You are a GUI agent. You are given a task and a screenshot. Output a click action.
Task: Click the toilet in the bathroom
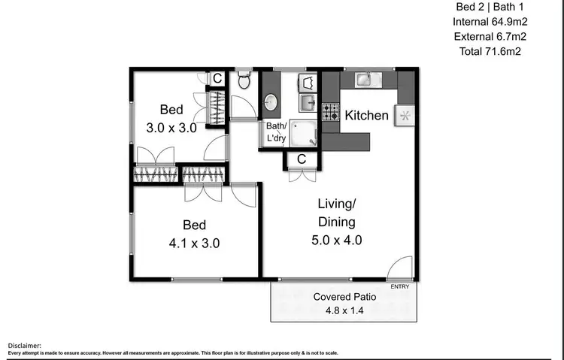244,79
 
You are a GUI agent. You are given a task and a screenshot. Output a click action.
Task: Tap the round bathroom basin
271,102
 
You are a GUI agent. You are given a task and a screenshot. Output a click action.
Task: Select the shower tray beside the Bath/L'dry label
304,133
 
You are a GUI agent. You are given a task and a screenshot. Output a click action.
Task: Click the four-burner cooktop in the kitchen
331,112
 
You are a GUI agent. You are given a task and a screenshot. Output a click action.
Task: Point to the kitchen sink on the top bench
363,78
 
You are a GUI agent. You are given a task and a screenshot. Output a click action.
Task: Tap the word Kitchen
366,115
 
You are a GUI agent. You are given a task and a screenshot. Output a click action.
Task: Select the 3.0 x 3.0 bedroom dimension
171,128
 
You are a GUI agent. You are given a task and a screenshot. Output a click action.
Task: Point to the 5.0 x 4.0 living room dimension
336,241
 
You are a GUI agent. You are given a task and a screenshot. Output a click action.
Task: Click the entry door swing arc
400,267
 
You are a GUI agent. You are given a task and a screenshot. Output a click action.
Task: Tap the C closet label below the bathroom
301,159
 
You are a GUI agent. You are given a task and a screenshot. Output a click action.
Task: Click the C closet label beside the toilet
217,78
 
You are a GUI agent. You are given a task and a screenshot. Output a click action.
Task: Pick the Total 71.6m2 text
490,52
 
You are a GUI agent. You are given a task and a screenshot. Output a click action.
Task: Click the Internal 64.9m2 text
490,22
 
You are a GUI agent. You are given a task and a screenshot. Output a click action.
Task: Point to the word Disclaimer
25,345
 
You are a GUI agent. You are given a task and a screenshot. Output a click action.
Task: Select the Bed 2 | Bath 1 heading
490,7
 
